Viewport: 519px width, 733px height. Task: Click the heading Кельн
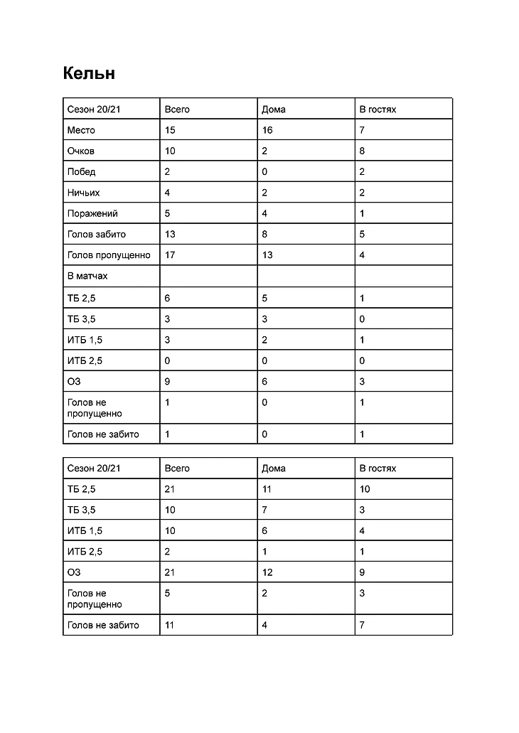pyautogui.click(x=89, y=73)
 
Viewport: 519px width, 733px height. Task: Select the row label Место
pyautogui.click(x=81, y=130)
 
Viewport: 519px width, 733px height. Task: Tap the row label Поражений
pyautogui.click(x=92, y=213)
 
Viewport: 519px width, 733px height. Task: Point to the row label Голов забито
pyautogui.click(x=97, y=234)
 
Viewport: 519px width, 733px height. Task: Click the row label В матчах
pyautogui.click(x=87, y=276)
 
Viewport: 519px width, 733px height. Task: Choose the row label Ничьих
pyautogui.click(x=83, y=193)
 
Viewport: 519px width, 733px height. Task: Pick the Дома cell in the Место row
pyautogui.click(x=267, y=130)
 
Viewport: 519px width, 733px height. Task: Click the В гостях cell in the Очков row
pyautogui.click(x=363, y=151)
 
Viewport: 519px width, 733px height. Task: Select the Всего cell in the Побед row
pyautogui.click(x=167, y=171)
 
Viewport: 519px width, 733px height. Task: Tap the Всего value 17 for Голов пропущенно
pyautogui.click(x=169, y=255)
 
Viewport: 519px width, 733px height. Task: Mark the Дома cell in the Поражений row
pyautogui.click(x=265, y=213)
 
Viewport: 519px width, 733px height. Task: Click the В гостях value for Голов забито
pyautogui.click(x=363, y=234)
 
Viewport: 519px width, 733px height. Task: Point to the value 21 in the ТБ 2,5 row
pyautogui.click(x=169, y=489)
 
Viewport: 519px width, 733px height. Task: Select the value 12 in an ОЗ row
pyautogui.click(x=267, y=572)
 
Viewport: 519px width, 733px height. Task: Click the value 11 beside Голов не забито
pyautogui.click(x=169, y=625)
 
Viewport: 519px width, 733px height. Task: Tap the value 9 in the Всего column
pyautogui.click(x=167, y=382)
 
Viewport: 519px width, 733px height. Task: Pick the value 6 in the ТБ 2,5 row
pyautogui.click(x=167, y=299)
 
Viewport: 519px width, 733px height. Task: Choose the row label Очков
pyautogui.click(x=81, y=151)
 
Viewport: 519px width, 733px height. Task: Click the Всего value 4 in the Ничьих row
pyautogui.click(x=167, y=193)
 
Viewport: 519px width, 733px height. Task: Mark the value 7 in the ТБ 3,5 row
pyautogui.click(x=265, y=510)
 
